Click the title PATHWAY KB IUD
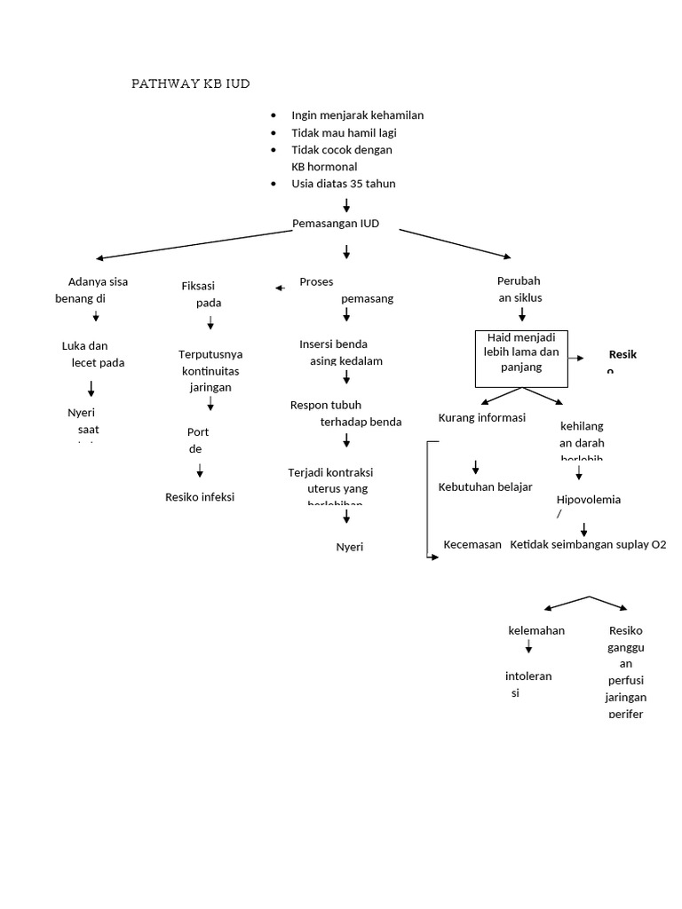(x=191, y=83)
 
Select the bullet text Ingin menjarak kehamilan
(x=357, y=115)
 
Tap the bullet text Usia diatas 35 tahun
(x=343, y=184)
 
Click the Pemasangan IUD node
(x=336, y=224)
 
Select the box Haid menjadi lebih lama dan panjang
(x=521, y=359)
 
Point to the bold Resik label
(x=623, y=354)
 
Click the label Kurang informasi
(x=482, y=417)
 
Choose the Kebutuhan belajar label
(x=485, y=486)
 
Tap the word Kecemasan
(x=472, y=544)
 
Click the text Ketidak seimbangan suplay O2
(x=588, y=544)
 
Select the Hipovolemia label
(x=588, y=500)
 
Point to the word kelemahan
(x=535, y=630)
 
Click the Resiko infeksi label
(x=200, y=497)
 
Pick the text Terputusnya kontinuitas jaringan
(x=210, y=371)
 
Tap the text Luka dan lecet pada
(x=93, y=354)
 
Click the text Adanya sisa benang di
(x=92, y=290)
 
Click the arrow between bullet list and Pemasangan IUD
(x=346, y=205)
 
